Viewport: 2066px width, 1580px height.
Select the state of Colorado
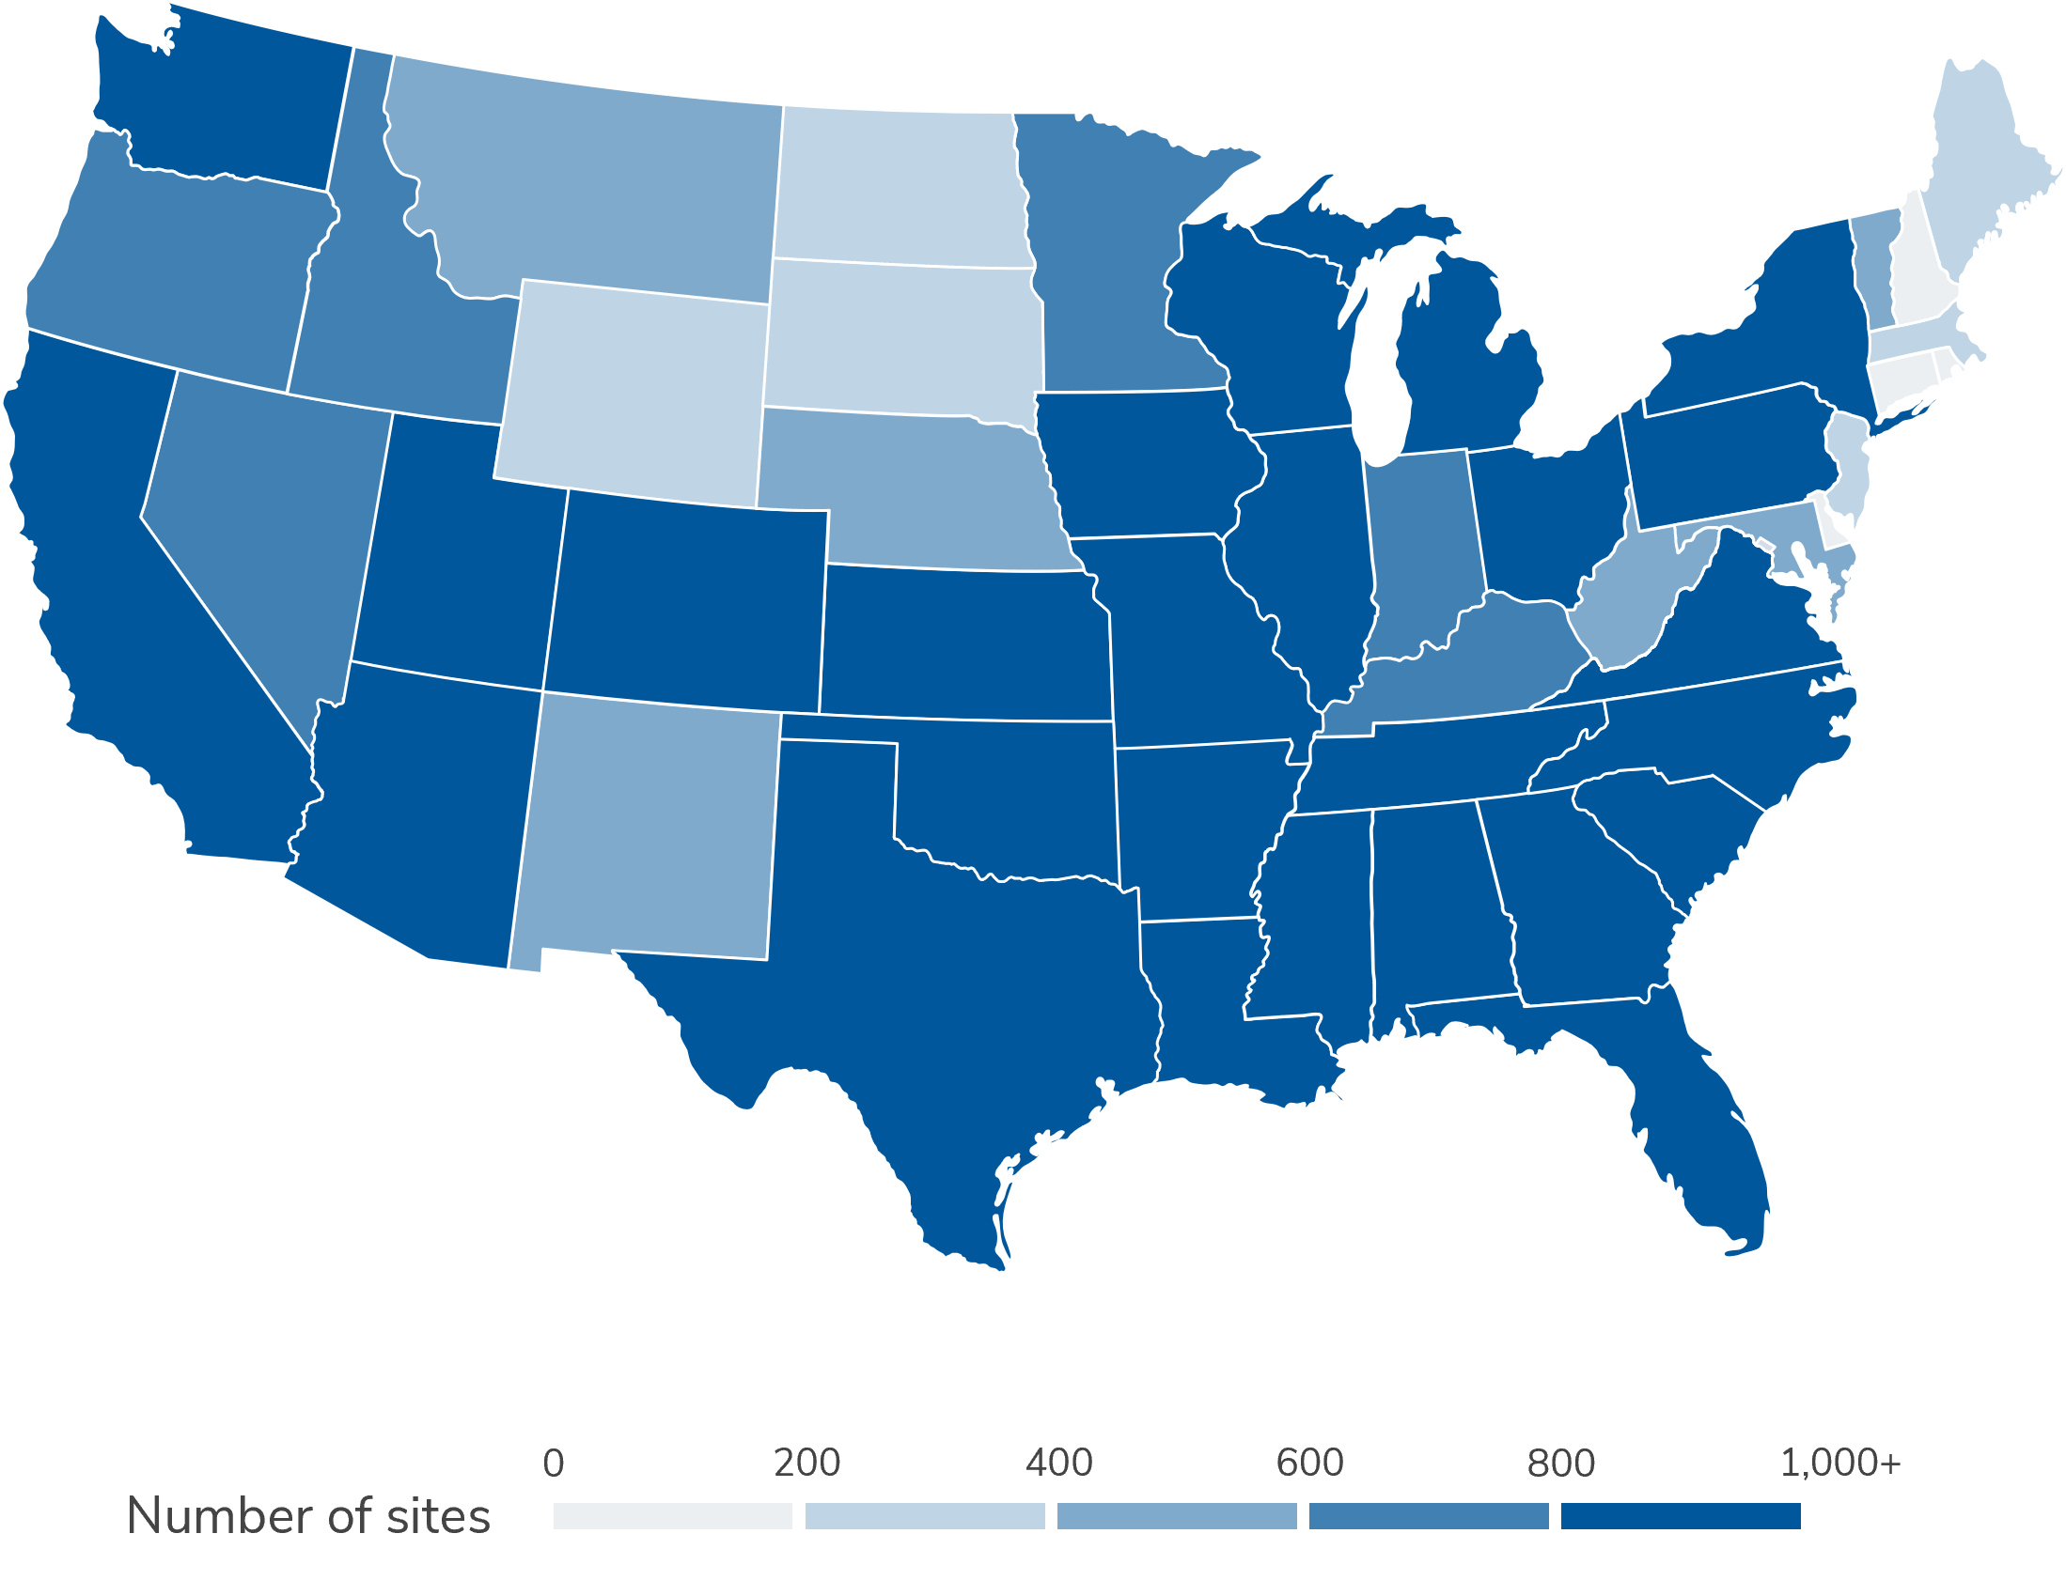[x=687, y=602]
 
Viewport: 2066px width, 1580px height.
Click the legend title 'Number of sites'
[x=308, y=1516]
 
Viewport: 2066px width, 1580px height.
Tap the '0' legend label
[x=555, y=1464]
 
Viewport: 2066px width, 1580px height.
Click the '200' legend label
[x=806, y=1464]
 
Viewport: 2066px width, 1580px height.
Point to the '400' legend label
[x=1058, y=1464]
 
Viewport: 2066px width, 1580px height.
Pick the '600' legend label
[x=1309, y=1464]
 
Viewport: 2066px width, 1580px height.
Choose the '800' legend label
[x=1561, y=1464]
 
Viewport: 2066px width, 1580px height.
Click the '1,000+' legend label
[x=1840, y=1464]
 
